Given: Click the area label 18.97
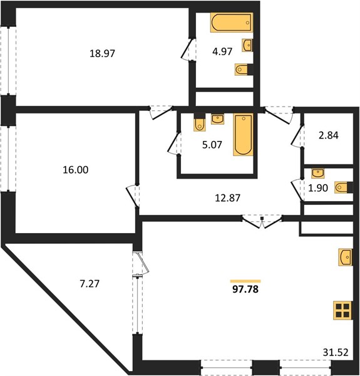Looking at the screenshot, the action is (x=102, y=53).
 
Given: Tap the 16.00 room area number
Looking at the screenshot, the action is (x=76, y=170).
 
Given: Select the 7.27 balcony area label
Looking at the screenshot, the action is (x=90, y=284).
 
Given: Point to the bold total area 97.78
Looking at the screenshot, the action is (x=245, y=289).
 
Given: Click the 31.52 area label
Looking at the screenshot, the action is (x=336, y=352).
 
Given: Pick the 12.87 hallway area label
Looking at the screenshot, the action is (x=227, y=198).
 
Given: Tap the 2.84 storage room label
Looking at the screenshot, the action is (x=329, y=135).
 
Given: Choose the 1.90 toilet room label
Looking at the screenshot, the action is (x=318, y=188).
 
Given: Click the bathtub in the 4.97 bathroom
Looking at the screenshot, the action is (x=232, y=23).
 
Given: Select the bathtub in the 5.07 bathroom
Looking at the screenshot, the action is (x=243, y=135).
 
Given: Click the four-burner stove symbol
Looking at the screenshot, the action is (x=343, y=310).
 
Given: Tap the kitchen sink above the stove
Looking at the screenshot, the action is (x=346, y=258).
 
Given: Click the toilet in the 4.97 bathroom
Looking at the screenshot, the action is (x=244, y=70).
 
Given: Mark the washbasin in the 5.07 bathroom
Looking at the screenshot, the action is (x=217, y=119).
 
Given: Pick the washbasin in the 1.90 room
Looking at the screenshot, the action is (x=318, y=173).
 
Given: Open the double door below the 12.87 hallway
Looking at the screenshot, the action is (x=262, y=222).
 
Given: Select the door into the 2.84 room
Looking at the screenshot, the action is (x=297, y=136).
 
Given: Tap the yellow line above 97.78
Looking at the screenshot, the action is (x=245, y=281).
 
